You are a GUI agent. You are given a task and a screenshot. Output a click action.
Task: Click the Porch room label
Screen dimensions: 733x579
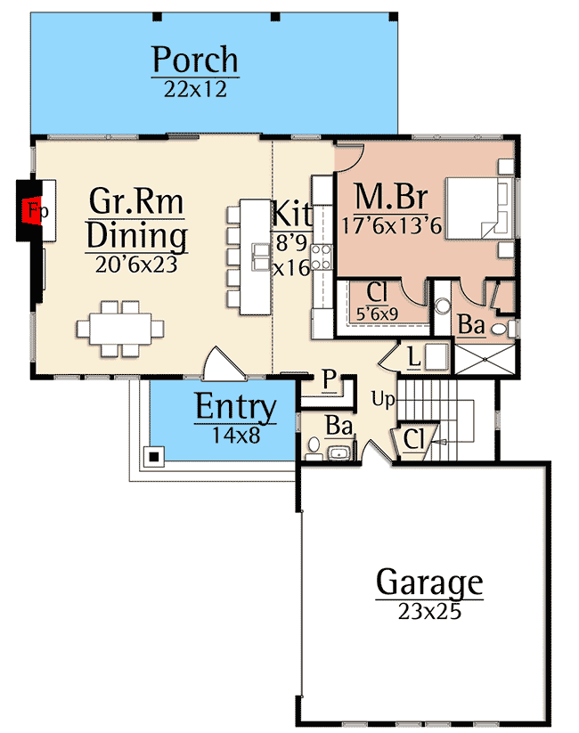(195, 60)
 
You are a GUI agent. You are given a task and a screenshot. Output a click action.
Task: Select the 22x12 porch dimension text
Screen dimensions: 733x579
(195, 89)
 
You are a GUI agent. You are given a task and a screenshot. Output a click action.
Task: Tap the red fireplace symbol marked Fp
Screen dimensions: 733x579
(35, 211)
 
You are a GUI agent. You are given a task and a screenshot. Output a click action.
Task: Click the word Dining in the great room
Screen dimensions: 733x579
(137, 237)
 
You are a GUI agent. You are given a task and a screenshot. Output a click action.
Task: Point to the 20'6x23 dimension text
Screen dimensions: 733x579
(137, 264)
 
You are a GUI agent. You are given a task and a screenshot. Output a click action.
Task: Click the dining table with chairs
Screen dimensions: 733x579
(120, 327)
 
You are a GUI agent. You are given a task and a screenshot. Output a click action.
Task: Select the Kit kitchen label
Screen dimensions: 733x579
(291, 214)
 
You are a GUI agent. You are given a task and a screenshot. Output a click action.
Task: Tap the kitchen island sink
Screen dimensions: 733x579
(260, 257)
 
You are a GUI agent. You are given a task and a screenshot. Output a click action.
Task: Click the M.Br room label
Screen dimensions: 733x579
(390, 195)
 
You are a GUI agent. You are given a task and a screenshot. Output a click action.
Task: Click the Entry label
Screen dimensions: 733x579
(235, 407)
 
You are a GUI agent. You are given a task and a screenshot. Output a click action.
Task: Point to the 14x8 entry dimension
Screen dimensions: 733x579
(235, 436)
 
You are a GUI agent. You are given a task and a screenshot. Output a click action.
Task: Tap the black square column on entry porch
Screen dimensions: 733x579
(155, 457)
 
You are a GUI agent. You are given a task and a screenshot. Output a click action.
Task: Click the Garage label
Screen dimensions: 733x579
(429, 583)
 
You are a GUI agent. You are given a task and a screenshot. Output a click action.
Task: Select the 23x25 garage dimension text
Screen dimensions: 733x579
(429, 612)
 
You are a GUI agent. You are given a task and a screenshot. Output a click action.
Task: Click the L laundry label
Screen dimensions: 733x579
(413, 356)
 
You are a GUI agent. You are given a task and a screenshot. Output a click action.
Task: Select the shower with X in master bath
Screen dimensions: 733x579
(480, 358)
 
